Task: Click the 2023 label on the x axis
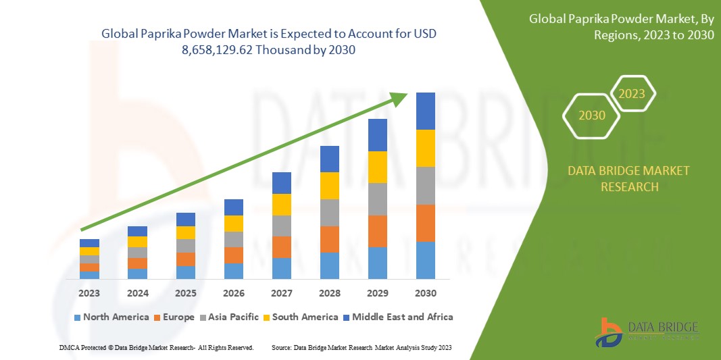89,293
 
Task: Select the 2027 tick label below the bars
281,293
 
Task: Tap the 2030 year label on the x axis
425,293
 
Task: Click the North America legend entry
111,317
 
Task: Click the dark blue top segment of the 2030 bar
425,111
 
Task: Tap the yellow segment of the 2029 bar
377,167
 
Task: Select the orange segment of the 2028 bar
329,239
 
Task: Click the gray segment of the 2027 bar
281,226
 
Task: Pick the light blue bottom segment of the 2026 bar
233,271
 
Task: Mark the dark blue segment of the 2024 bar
137,231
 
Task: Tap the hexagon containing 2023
632,94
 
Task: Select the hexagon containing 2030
591,115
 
